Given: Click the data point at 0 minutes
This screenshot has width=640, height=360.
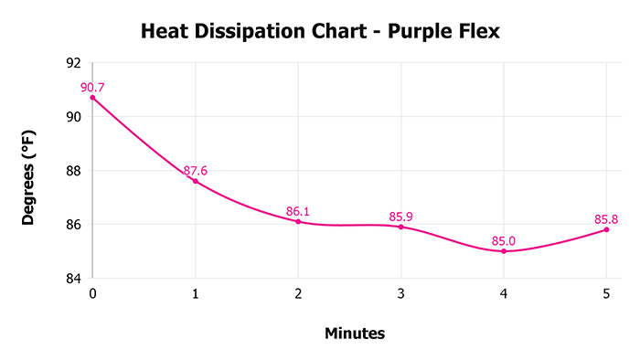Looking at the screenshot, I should pos(92,98).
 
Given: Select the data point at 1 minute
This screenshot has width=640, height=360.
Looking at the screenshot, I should pos(195,181).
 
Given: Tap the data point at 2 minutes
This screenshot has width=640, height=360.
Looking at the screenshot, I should pos(298,221).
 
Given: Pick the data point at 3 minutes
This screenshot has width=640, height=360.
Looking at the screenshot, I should pos(400,227).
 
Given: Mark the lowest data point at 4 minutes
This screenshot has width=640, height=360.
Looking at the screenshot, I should pos(504,251).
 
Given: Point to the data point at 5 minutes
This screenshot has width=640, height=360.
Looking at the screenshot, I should pos(606,229).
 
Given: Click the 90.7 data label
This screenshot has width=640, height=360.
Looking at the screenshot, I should pos(92,88).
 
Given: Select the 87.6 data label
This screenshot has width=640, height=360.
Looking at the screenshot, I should pos(196,171).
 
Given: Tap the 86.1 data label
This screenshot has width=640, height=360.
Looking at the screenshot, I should pos(298,211).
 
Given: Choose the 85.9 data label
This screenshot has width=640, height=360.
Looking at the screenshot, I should pos(401,217).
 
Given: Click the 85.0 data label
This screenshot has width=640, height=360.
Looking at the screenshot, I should pos(504,241).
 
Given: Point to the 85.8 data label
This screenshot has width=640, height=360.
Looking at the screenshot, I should pos(607,219).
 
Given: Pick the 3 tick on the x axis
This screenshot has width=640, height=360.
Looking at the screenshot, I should pos(400,294).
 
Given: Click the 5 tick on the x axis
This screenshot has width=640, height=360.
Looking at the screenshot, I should pos(606,294).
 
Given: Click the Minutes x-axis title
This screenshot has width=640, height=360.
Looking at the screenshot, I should pos(355,334).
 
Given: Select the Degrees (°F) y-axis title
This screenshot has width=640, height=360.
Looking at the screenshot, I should pos(29,171).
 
